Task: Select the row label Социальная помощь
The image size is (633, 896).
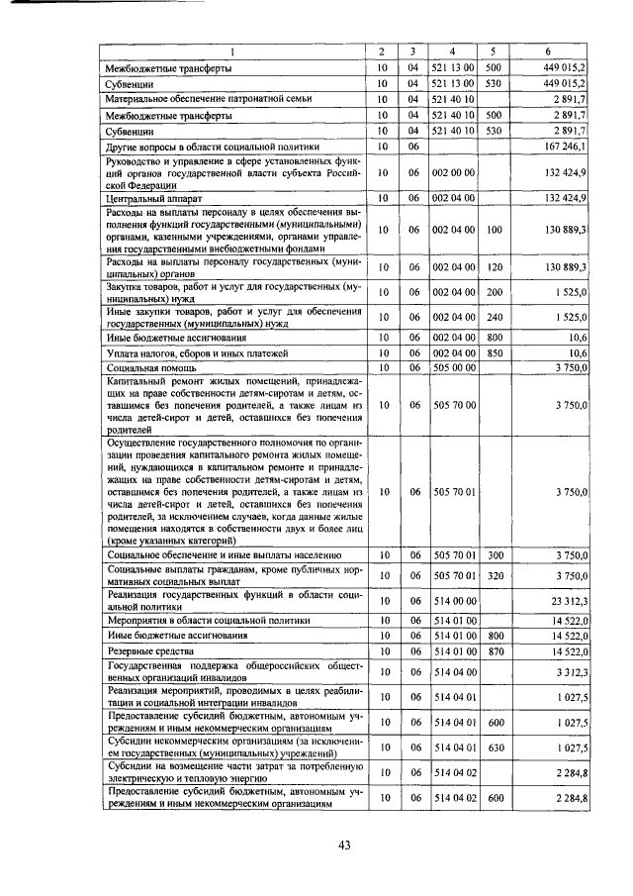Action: [x=148, y=367]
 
